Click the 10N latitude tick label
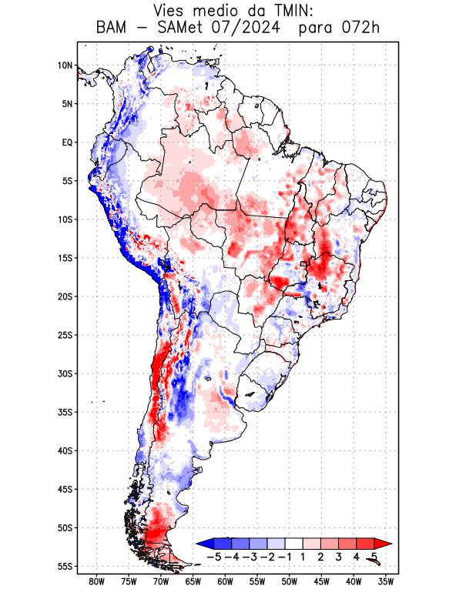click(x=65, y=65)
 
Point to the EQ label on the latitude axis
click(x=67, y=142)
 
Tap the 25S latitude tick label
click(x=65, y=335)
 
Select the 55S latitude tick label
click(x=65, y=566)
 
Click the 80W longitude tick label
click(x=97, y=582)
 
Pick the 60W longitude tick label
click(x=225, y=582)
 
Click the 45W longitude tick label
click(x=321, y=582)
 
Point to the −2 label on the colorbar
click(x=270, y=556)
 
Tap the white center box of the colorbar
click(x=294, y=544)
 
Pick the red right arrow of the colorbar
click(x=383, y=544)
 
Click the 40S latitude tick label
click(x=65, y=450)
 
